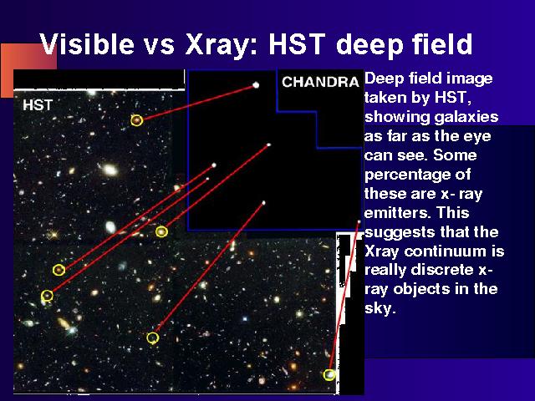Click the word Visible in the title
tap(87, 44)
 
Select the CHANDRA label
tap(320, 82)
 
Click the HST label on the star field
tap(38, 105)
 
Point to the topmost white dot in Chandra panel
tap(256, 85)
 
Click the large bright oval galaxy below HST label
tap(110, 170)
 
